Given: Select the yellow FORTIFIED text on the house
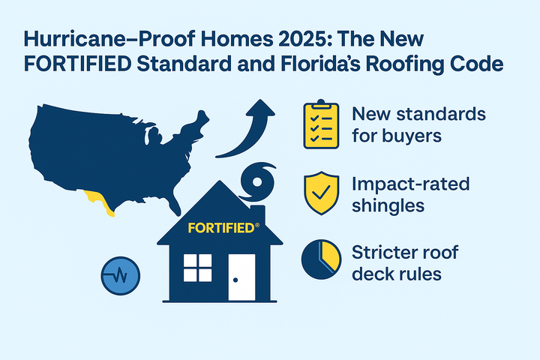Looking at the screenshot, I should pyautogui.click(x=220, y=227).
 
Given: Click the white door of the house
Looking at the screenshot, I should pyautogui.click(x=242, y=276).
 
